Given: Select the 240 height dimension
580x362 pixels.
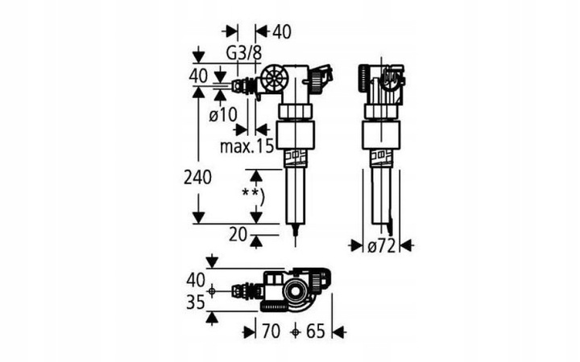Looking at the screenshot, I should tap(198, 178).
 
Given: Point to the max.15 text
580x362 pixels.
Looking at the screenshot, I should tap(246, 146).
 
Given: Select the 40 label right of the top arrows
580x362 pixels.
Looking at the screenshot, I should tap(281, 32).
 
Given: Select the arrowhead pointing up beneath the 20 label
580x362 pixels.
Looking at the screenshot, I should tap(255, 241).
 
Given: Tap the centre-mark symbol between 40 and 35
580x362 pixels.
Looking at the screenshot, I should tap(211, 291).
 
